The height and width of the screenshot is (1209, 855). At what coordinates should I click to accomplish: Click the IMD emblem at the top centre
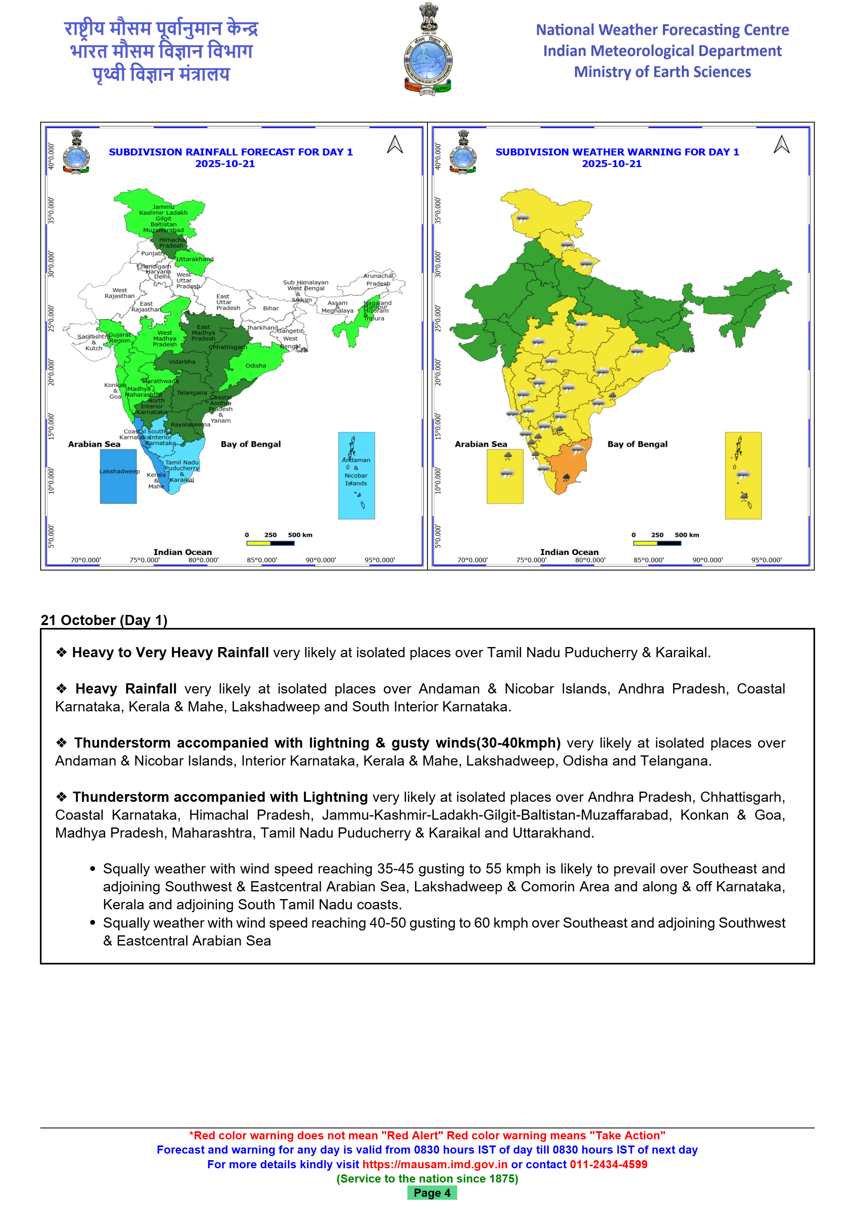(427, 50)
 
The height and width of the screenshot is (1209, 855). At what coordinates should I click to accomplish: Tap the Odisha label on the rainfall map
(255, 365)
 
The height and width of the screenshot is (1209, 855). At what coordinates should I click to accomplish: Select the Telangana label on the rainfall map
(192, 393)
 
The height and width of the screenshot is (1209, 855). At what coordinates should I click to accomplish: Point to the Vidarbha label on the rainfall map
(182, 362)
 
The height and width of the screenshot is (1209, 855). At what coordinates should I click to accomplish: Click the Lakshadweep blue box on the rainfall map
(118, 476)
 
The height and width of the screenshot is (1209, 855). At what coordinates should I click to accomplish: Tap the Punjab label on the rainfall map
(151, 253)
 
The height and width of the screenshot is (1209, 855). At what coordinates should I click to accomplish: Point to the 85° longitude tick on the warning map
(649, 560)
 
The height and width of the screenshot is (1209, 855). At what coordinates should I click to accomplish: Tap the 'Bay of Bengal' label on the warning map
(637, 444)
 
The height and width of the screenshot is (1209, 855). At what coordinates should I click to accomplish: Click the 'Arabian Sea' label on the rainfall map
(94, 444)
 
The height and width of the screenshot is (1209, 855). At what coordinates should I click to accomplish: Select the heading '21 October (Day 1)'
(104, 620)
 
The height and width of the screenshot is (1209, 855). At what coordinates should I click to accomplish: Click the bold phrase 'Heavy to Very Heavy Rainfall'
(171, 652)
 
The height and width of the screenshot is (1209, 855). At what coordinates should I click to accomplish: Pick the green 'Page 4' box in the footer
(432, 1193)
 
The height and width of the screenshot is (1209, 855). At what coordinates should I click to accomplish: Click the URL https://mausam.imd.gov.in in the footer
(435, 1164)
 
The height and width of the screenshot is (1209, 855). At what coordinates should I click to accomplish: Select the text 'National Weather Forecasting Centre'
(662, 30)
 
